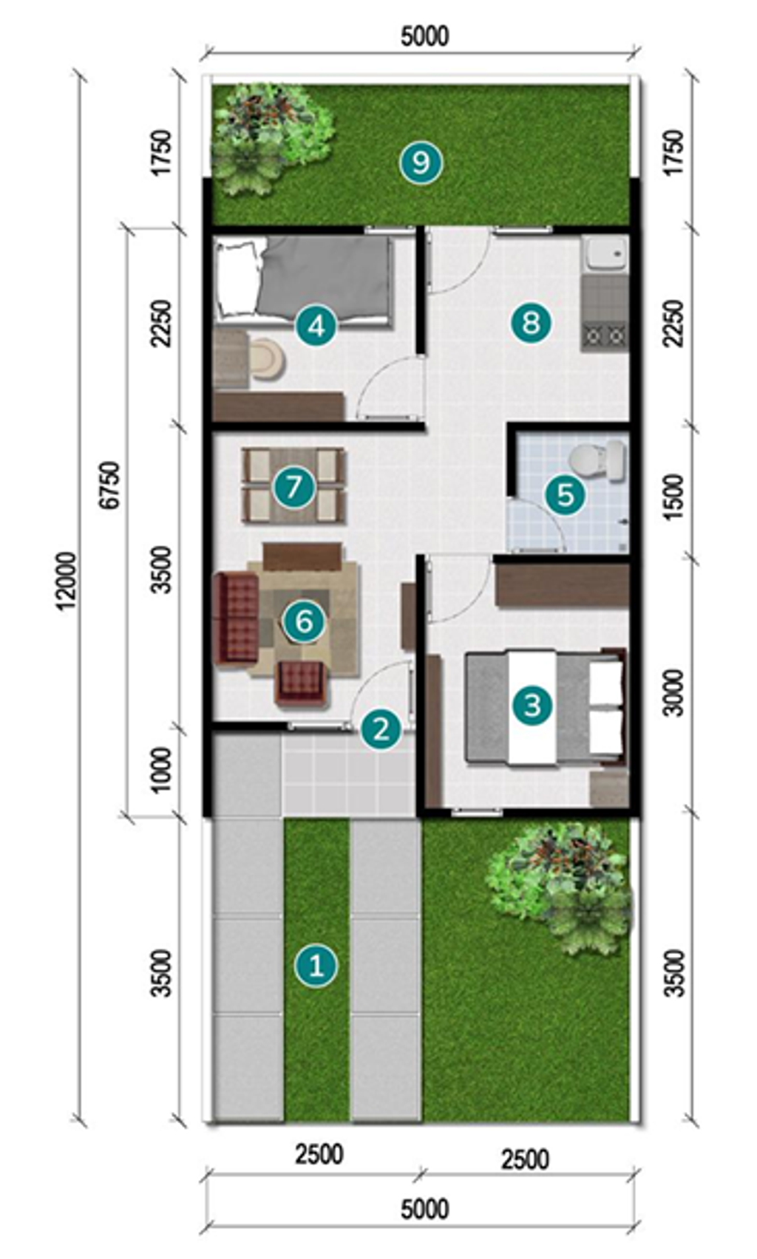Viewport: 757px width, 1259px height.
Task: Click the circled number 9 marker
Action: [x=421, y=163]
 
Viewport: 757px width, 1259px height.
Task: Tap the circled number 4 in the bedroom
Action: [x=316, y=325]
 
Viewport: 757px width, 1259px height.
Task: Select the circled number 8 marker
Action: [x=531, y=323]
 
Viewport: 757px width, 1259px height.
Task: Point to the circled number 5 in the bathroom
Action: [x=565, y=494]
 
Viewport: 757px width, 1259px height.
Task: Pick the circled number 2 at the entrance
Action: [x=381, y=729]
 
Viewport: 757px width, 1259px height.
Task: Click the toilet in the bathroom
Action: [x=597, y=461]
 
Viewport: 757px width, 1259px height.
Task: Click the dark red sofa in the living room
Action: [x=236, y=617]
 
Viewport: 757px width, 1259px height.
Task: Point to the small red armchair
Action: [x=302, y=683]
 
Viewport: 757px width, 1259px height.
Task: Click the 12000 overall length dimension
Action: [x=67, y=580]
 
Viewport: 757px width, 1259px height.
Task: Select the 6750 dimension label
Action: [x=110, y=485]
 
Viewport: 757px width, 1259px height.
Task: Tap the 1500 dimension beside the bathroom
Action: [x=674, y=497]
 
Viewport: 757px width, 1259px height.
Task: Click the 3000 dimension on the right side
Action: [x=674, y=692]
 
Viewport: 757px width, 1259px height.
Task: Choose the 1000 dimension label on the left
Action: [x=161, y=769]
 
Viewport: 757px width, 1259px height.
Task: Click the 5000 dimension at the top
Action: [x=424, y=36]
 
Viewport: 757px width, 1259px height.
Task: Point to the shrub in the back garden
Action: [x=274, y=137]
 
